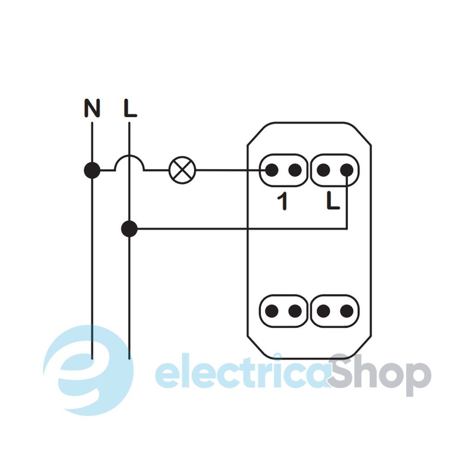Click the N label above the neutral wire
pyautogui.click(x=92, y=108)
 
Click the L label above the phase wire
pyautogui.click(x=130, y=108)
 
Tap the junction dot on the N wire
pyautogui.click(x=92, y=170)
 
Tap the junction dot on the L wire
pyautogui.click(x=129, y=229)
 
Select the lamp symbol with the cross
pyautogui.click(x=183, y=170)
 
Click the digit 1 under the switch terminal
pyautogui.click(x=281, y=202)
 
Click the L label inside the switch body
pyautogui.click(x=333, y=201)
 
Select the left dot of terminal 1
pyautogui.click(x=272, y=170)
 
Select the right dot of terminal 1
pyautogui.click(x=294, y=170)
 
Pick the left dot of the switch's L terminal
pyautogui.click(x=324, y=170)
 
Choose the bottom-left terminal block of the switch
pyautogui.click(x=283, y=311)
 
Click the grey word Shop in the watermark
pyautogui.click(x=380, y=375)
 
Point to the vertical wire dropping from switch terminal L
pyautogui.click(x=347, y=204)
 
